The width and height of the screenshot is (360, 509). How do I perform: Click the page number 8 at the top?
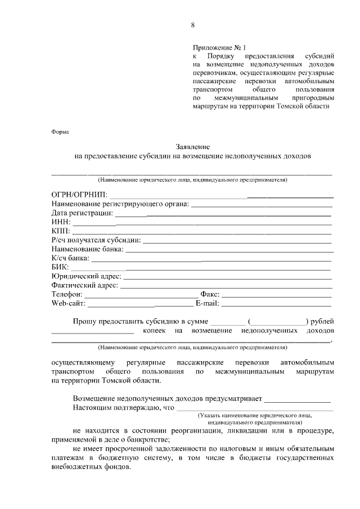pos(192,25)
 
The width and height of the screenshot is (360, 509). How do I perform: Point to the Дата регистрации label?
pos(82,213)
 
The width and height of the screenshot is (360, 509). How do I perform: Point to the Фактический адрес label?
pos(84,285)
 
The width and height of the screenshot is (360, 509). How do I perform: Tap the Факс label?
pos(210,294)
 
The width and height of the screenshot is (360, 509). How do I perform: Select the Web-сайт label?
pos(68,304)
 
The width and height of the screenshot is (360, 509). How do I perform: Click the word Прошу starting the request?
pos(85,321)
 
